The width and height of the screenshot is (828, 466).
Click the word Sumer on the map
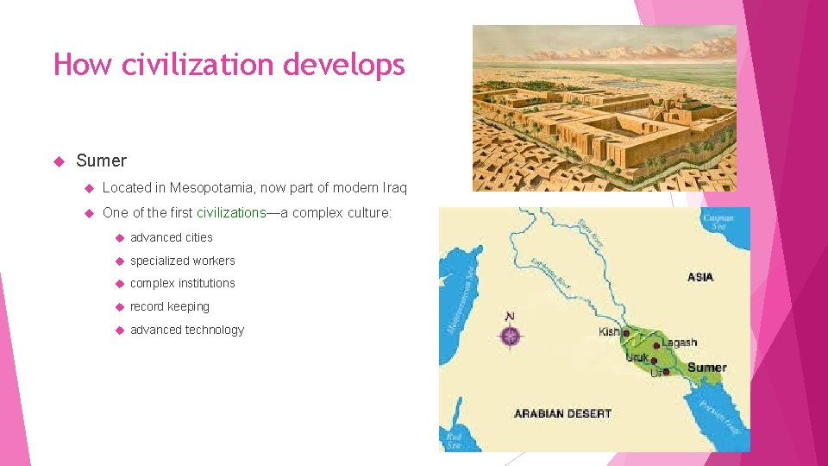(706, 367)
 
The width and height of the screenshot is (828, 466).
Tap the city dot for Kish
(627, 332)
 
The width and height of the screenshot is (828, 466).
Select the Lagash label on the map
(679, 343)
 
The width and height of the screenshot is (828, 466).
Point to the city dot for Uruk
(655, 361)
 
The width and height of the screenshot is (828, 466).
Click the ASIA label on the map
(700, 277)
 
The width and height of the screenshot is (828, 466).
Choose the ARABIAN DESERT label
(562, 413)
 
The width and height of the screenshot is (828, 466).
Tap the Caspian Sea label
(718, 223)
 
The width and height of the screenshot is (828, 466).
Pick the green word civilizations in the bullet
(231, 212)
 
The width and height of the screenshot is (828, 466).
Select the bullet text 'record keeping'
(170, 306)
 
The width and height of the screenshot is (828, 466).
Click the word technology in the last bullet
(214, 330)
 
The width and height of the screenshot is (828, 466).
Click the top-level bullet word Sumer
(101, 161)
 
